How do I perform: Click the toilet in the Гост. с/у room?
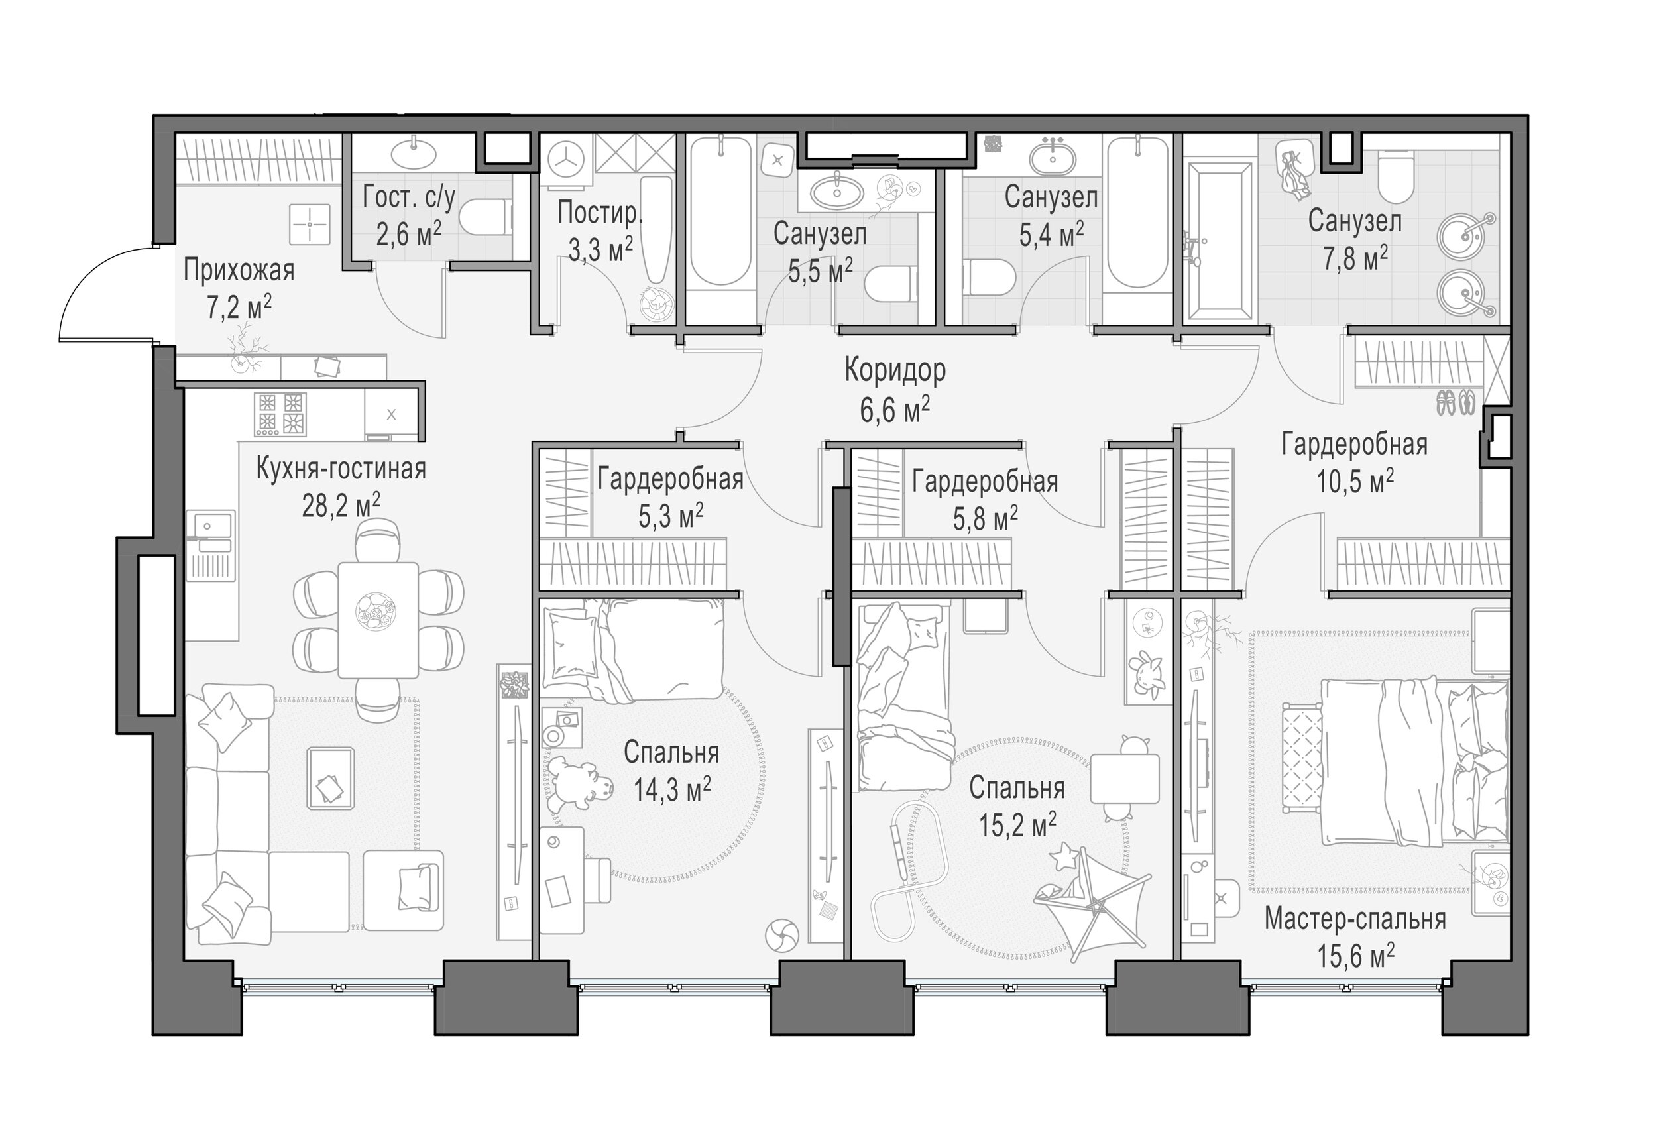point(485,217)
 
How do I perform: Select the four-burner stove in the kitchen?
point(280,414)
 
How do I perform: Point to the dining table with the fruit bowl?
point(378,620)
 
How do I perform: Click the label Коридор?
point(895,370)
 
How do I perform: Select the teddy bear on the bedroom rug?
point(580,783)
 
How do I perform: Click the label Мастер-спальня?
point(1355,920)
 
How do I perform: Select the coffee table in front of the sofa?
point(331,777)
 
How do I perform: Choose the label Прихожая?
point(239,272)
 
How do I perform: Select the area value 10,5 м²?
point(1355,481)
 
